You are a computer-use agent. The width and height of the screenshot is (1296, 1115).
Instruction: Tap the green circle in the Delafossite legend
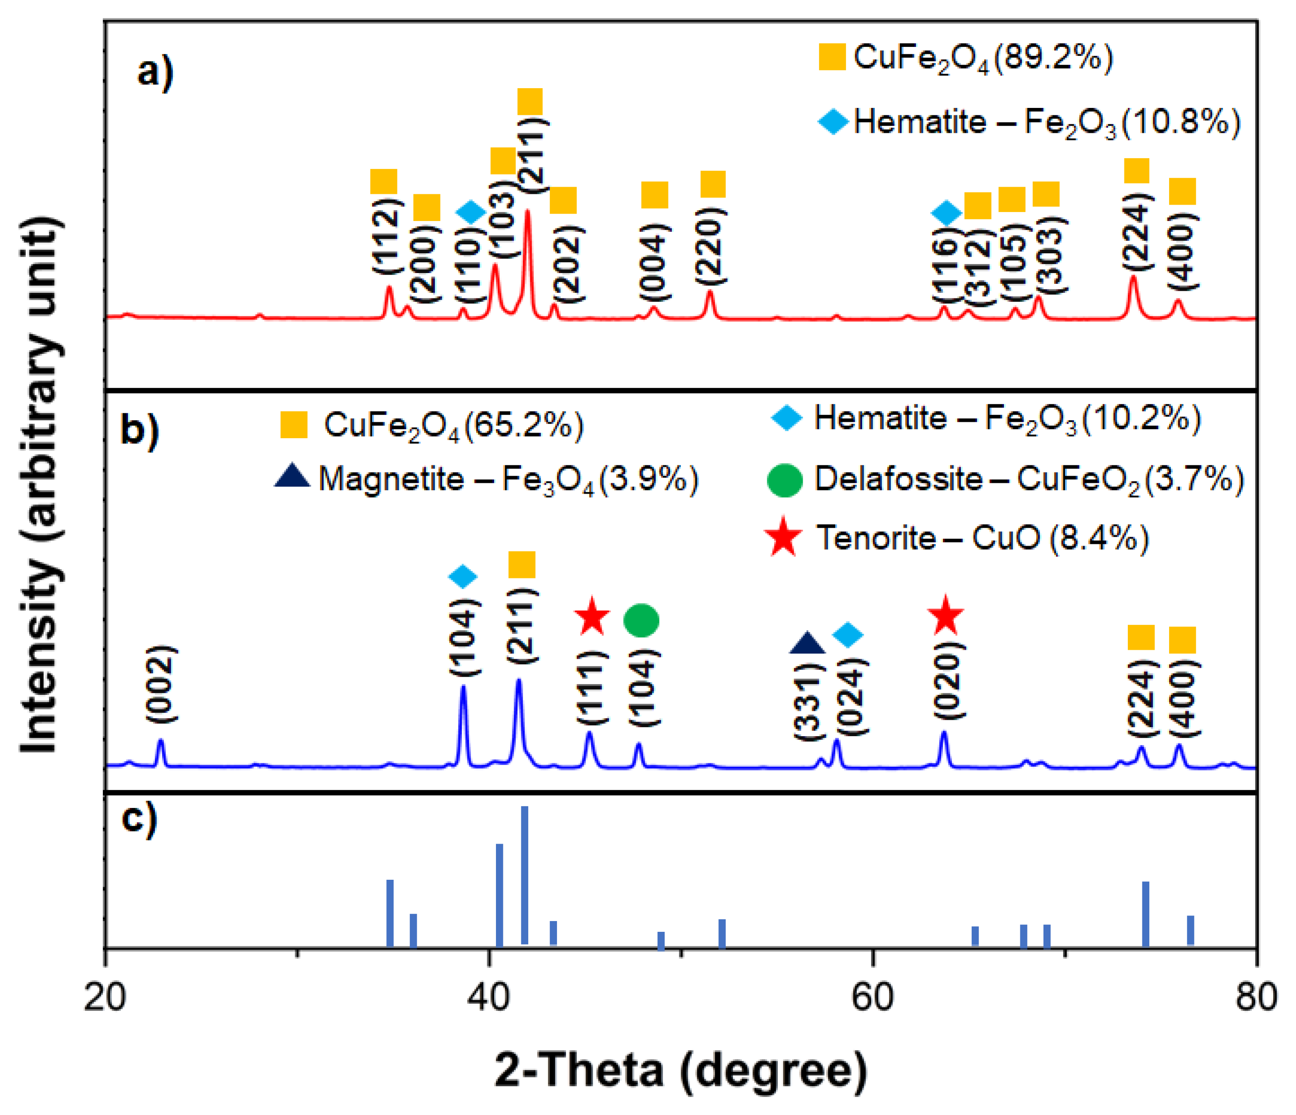pos(785,480)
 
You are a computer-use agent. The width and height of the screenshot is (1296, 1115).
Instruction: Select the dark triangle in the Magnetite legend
pos(292,476)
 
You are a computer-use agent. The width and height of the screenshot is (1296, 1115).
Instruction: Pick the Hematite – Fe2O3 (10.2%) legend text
pos(1007,418)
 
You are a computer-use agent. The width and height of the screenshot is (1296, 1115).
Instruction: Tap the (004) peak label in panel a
pos(654,263)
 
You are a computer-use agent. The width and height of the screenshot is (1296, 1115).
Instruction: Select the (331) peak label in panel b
pos(809,702)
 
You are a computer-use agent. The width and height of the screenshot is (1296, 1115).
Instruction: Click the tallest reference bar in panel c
pos(524,875)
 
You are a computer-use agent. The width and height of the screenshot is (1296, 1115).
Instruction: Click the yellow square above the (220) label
pos(712,184)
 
